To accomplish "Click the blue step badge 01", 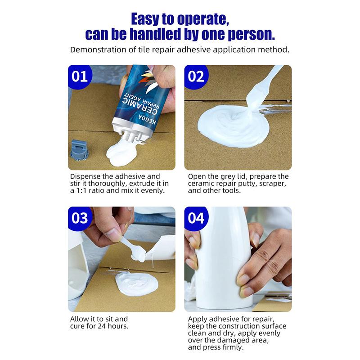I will [x=80, y=76].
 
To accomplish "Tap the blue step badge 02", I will [x=196, y=76].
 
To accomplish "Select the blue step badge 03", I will [x=80, y=218].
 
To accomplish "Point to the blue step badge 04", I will [x=196, y=218].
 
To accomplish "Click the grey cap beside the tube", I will [x=80, y=149].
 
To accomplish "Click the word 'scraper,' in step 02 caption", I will [x=273, y=183].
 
